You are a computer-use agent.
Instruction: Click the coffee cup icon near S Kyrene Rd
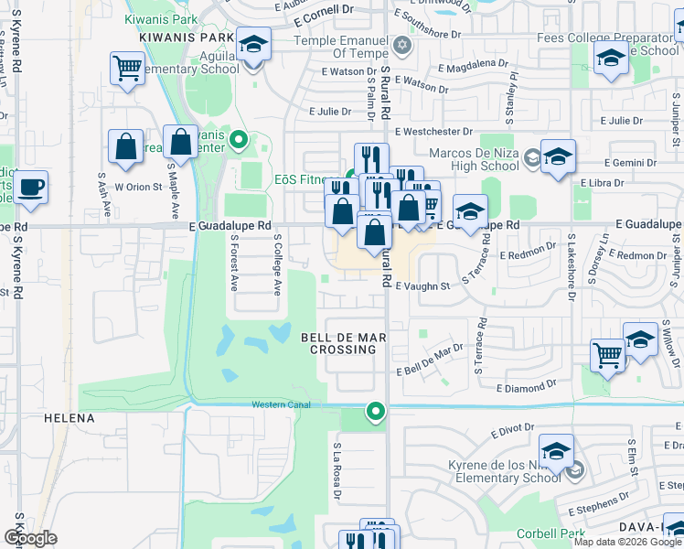click(31, 187)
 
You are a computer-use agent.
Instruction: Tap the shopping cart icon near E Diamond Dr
click(608, 354)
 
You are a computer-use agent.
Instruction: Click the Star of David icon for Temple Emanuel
click(401, 45)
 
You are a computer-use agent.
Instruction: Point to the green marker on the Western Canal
click(375, 412)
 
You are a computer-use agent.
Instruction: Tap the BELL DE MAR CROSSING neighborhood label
click(344, 343)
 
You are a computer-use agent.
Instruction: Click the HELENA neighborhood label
click(69, 418)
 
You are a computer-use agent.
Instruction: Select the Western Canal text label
click(282, 404)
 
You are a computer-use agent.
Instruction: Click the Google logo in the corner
click(30, 538)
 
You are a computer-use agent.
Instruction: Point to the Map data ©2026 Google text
click(627, 542)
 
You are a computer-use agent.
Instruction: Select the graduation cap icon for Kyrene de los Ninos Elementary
click(556, 450)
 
